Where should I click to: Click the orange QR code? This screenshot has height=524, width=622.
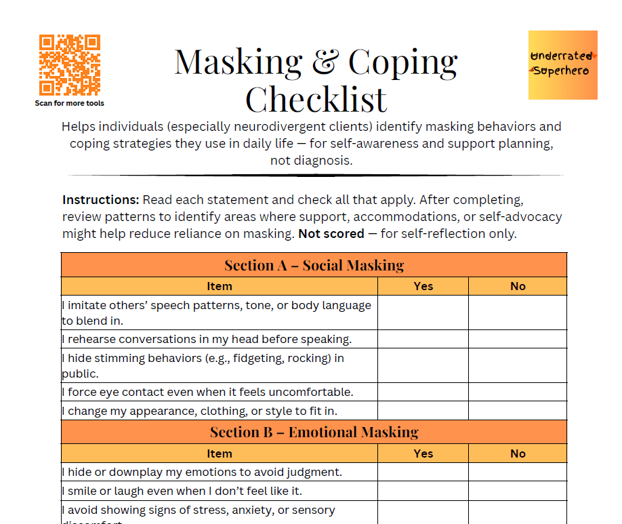point(70,65)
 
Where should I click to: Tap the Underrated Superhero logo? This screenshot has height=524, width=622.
point(562,65)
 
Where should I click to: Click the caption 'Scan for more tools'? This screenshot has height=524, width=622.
point(70,104)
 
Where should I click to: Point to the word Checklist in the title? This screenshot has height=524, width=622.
point(316,99)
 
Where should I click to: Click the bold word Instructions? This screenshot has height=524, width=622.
point(100,200)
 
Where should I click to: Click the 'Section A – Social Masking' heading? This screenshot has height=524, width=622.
point(314,265)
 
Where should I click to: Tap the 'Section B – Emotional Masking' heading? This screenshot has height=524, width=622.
point(314,432)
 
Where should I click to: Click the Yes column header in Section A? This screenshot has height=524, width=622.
point(423,286)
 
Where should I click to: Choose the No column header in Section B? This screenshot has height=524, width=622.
point(518,454)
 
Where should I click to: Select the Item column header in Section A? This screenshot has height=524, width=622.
point(219,286)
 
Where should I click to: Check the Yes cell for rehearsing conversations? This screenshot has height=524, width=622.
point(423,339)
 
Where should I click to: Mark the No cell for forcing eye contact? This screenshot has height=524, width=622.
point(518,392)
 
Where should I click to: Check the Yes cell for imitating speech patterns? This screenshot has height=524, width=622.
point(423,313)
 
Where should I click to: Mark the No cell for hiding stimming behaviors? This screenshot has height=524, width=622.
point(518,365)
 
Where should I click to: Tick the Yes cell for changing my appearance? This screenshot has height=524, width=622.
point(423,411)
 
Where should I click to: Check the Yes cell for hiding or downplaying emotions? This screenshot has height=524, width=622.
point(423,472)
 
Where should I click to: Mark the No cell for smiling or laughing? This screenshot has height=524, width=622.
point(518,491)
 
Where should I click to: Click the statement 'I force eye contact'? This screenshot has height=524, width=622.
point(207,392)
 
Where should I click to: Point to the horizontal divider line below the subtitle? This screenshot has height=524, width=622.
point(316,176)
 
